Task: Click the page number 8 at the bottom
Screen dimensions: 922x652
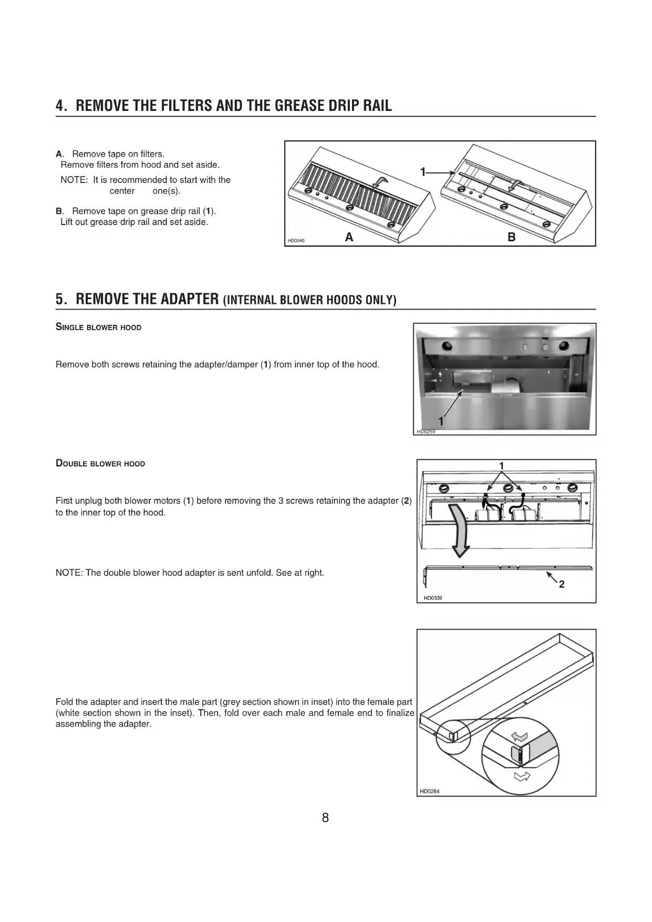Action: pos(325,817)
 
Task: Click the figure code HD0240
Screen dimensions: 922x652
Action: pos(296,241)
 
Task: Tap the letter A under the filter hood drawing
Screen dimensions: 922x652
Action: pos(349,238)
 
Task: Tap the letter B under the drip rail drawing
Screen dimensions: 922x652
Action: pos(511,238)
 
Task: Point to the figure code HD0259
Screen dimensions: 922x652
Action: pos(426,432)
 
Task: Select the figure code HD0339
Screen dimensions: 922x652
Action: pos(433,598)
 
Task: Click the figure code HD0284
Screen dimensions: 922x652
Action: pos(429,791)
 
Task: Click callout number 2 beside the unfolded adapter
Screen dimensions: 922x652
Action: pos(562,584)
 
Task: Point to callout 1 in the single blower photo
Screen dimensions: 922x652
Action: pos(441,421)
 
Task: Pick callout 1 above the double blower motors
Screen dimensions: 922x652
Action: pos(502,466)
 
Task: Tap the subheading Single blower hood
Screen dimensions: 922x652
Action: pos(98,327)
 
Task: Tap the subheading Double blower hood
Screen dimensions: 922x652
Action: pos(100,464)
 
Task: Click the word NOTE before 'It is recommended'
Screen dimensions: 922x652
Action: pos(73,180)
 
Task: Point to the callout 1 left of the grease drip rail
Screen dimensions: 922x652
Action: pos(423,172)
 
